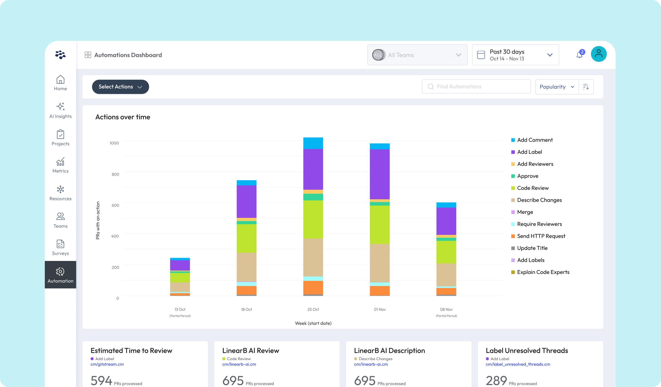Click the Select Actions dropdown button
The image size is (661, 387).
120,87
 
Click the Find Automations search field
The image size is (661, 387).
476,87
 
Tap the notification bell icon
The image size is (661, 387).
579,55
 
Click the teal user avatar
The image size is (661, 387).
598,54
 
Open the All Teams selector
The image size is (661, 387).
417,55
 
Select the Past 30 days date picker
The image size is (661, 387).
515,55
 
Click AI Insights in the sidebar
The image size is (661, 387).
60,110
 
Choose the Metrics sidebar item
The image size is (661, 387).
60,165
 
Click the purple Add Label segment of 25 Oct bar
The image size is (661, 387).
313,169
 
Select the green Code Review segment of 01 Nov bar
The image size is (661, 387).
380,224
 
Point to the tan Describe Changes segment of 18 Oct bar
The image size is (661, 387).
246,267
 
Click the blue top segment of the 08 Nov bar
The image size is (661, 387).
446,205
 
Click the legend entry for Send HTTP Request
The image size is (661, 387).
541,236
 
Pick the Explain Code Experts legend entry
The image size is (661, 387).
543,272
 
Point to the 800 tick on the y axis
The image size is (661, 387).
115,174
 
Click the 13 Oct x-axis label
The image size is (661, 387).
180,309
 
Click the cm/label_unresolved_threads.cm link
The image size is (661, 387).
518,364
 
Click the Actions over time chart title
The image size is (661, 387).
123,117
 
